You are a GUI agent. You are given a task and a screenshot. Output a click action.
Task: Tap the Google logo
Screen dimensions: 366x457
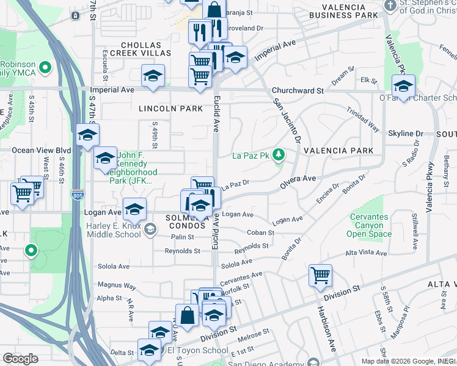pos(20,359)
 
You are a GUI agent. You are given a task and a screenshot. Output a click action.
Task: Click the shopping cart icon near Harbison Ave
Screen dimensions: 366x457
pos(320,276)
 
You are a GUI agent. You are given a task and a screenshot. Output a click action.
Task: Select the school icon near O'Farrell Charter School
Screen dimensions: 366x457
pos(404,85)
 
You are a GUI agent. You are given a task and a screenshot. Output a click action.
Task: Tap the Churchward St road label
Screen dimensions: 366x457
pos(298,91)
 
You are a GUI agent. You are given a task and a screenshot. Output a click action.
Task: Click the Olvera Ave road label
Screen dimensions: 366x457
pos(298,179)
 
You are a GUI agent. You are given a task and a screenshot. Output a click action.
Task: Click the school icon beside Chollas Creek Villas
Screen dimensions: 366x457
pos(152,76)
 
